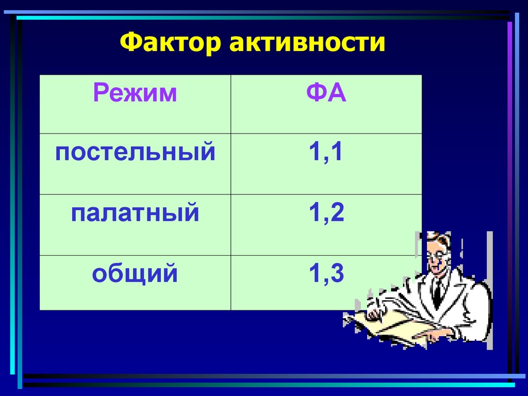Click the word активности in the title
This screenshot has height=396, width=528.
[308, 43]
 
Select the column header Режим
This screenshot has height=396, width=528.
[135, 94]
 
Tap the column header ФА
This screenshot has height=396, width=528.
[326, 94]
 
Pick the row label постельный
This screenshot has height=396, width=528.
[135, 153]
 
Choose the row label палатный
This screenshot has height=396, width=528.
[135, 213]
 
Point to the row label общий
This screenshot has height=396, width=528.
[135, 273]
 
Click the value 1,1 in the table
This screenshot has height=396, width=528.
[326, 153]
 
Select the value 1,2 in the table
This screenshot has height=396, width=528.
[326, 213]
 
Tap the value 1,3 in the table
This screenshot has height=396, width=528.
[326, 273]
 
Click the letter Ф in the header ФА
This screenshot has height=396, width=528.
[316, 94]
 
